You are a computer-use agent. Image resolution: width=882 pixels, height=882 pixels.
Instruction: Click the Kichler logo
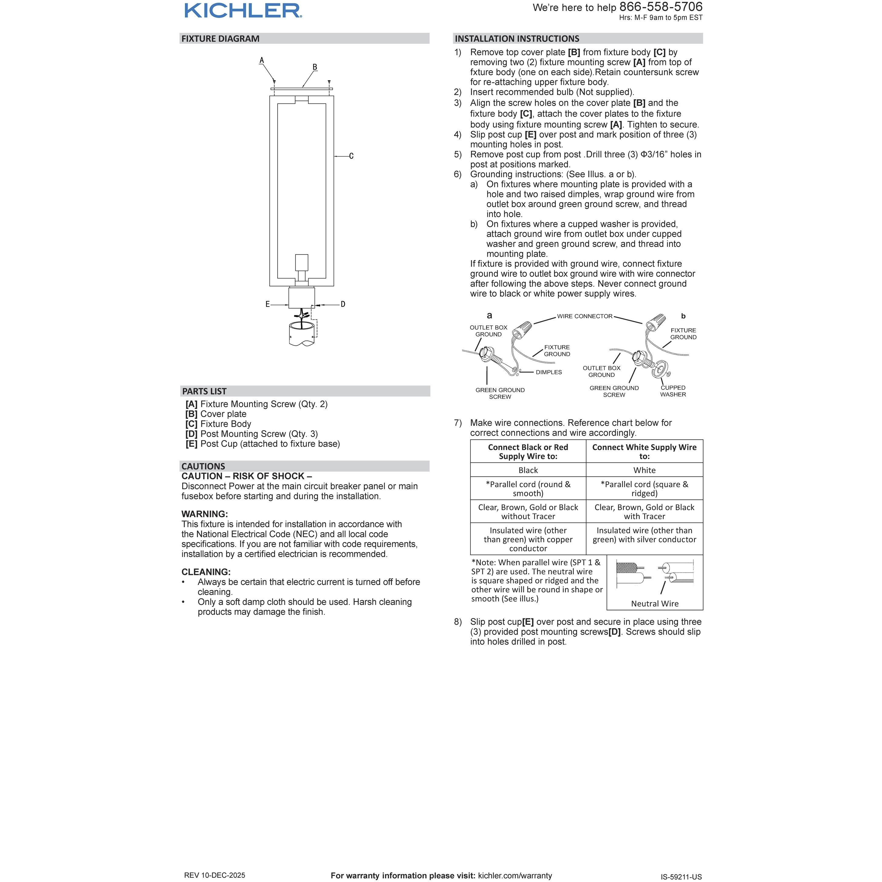pos(243,11)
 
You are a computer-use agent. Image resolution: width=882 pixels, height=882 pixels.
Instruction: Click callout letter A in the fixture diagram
pos(262,60)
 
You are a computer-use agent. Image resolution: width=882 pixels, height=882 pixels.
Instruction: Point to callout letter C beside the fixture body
pos(351,156)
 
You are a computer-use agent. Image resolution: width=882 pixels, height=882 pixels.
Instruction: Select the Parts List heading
pos(204,391)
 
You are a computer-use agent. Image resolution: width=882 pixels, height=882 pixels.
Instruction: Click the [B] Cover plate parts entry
pos(216,414)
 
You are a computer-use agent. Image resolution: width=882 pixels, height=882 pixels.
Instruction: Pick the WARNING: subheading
pos(204,514)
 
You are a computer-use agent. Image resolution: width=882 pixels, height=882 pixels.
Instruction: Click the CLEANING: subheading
pos(206,572)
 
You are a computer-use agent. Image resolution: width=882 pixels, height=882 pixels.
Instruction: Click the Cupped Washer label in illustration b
pos(673,391)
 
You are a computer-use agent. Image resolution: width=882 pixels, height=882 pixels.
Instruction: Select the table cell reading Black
pos(528,470)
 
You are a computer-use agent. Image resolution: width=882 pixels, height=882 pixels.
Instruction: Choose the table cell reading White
pos(644,470)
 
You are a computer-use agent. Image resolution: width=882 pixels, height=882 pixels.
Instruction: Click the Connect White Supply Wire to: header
pos(644,452)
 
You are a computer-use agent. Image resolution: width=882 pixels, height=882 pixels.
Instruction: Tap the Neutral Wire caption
pos(655,603)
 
